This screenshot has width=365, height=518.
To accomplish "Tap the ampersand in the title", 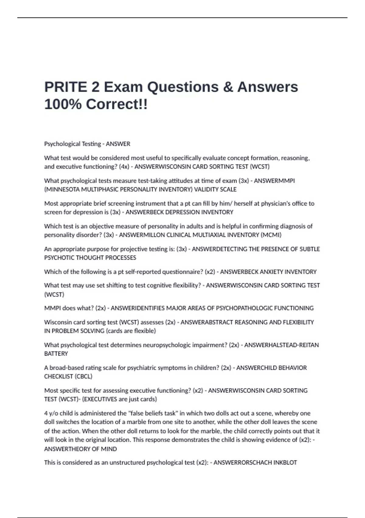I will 228,87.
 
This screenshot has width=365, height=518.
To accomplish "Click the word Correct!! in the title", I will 117,105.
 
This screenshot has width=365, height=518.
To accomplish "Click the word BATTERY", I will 56,354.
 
